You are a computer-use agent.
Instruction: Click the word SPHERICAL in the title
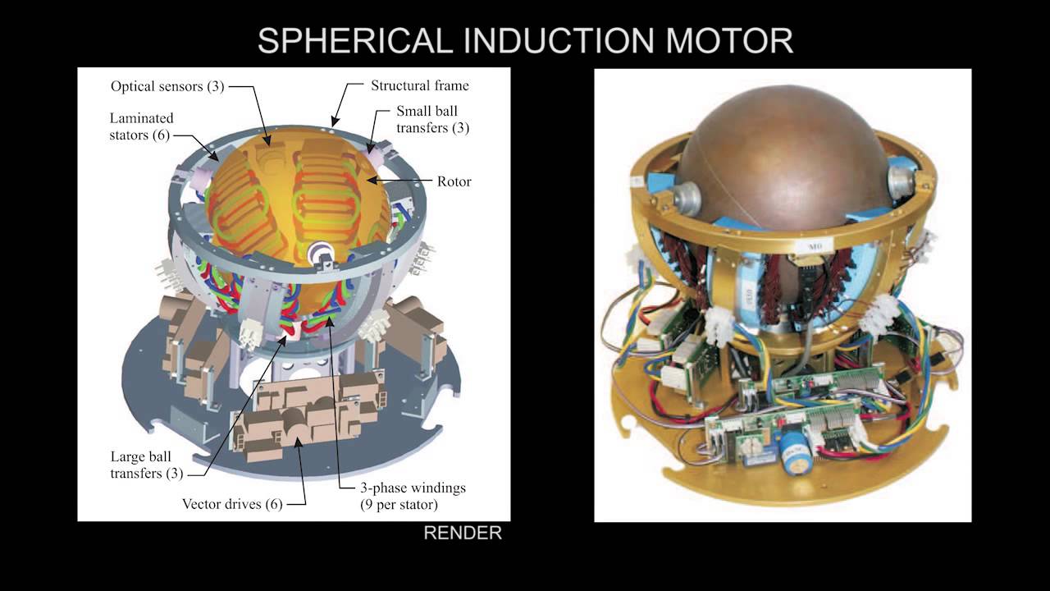355,40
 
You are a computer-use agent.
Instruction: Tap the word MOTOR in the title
729,40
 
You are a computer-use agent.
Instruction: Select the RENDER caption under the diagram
463,533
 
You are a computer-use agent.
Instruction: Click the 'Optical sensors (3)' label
167,86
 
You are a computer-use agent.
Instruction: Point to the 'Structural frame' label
419,85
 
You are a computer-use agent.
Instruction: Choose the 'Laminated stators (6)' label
142,126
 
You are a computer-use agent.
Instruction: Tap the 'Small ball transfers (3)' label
432,119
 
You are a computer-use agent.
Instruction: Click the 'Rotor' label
454,181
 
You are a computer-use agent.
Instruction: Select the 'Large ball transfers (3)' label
146,465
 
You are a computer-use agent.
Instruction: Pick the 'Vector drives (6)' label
232,504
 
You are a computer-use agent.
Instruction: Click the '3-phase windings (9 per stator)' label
413,497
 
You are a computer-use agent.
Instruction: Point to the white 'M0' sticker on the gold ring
813,245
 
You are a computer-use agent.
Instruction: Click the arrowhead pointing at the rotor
372,180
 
